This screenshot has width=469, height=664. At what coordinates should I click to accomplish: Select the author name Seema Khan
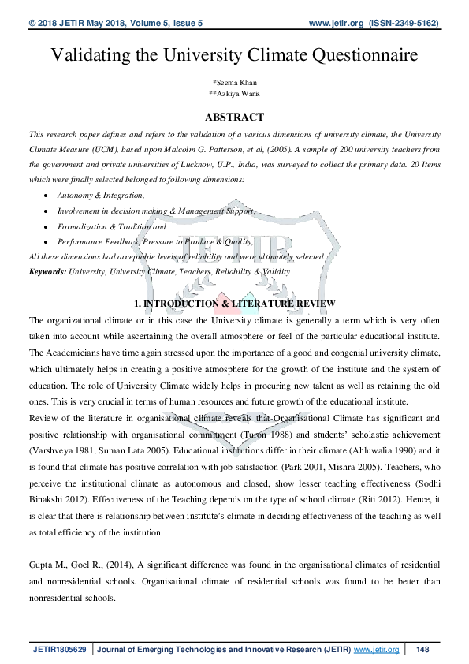coord(235,83)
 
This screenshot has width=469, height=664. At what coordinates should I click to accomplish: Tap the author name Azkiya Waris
coord(235,94)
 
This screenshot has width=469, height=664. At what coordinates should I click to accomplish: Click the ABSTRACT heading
coord(234,117)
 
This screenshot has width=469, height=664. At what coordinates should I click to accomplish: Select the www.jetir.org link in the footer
coord(376,649)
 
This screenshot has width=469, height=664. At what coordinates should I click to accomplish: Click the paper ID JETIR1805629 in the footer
coord(60,649)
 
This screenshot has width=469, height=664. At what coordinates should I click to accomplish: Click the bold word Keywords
coord(47,271)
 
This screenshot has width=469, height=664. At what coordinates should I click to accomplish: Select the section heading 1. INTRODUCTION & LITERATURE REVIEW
coord(234,304)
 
